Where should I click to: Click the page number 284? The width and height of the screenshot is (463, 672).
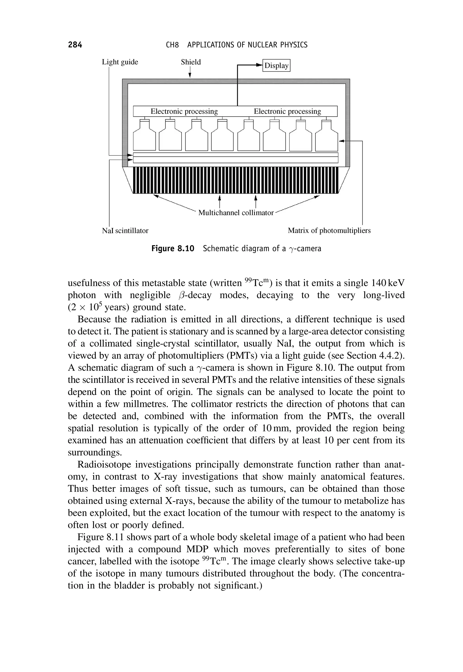point(75,45)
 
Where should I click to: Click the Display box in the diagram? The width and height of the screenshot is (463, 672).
point(276,66)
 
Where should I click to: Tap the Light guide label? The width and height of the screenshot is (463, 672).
point(120,62)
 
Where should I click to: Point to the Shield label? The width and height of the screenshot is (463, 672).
point(191,62)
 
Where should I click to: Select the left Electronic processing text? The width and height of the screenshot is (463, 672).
point(184,111)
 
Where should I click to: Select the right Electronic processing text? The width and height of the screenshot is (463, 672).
point(287,111)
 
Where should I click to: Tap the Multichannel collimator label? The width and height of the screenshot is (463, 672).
point(236,213)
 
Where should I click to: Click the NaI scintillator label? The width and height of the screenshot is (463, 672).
point(125,230)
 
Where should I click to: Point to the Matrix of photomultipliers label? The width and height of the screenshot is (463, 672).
point(329,230)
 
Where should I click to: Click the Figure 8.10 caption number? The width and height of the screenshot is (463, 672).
point(173,249)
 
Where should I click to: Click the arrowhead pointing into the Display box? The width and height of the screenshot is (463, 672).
point(259,66)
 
